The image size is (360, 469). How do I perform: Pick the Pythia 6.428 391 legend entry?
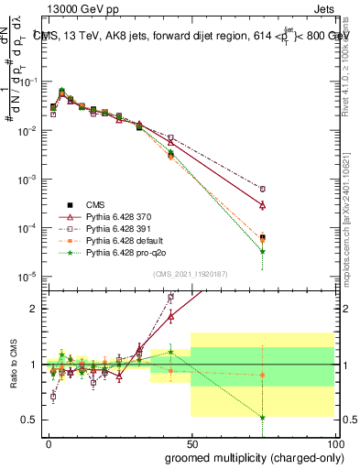[x=122, y=228]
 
